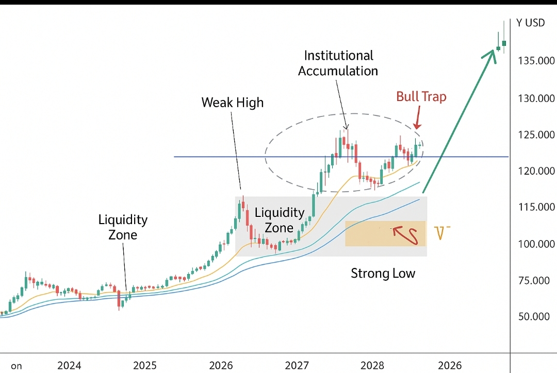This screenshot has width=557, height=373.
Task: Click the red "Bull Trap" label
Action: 421,96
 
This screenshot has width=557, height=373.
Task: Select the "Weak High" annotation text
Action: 232,103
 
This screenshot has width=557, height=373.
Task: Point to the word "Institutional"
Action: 338,55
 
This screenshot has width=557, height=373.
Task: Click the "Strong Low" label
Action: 383,273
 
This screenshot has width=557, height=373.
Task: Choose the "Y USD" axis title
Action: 530,23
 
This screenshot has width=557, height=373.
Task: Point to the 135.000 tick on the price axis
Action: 536,61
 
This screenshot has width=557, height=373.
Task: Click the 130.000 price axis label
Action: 536,98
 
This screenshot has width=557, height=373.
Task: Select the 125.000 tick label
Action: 536,135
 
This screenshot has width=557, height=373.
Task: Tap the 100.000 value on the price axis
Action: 536,244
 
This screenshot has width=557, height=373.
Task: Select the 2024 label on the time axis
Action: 69,366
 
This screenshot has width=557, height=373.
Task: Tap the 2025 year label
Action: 145,366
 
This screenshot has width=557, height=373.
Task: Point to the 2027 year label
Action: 297,366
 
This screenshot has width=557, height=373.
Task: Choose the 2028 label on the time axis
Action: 372,366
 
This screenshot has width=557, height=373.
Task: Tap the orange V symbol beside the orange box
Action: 440,233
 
